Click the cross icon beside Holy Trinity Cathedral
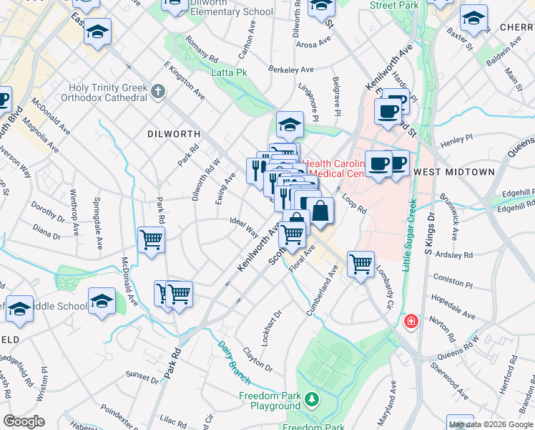click(x=159, y=92)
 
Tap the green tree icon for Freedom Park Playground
click(x=311, y=398)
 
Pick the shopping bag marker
click(x=322, y=211)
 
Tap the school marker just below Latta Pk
click(x=290, y=125)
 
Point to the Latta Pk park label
click(x=229, y=72)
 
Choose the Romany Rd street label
click(x=201, y=48)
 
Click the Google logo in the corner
click(x=24, y=421)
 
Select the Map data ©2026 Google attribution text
click(x=491, y=424)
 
